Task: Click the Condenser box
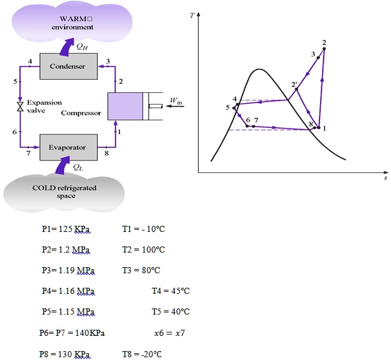click(69, 66)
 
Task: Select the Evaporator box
click(69, 147)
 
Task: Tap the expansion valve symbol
click(20, 107)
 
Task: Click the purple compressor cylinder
click(125, 106)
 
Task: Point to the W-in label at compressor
click(176, 100)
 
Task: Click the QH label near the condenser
click(82, 46)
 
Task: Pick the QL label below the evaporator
click(78, 167)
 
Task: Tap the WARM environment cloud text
click(72, 23)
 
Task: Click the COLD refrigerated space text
click(64, 191)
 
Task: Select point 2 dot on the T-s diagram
click(324, 49)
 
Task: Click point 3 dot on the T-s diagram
click(318, 58)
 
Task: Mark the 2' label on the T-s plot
click(294, 84)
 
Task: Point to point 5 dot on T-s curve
click(234, 108)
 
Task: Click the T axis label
click(192, 15)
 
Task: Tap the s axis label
click(385, 178)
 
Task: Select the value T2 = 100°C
click(143, 250)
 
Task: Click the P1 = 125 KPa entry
click(66, 229)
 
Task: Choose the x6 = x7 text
click(169, 333)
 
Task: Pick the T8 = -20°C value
click(142, 354)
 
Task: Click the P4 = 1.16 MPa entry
click(68, 291)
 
